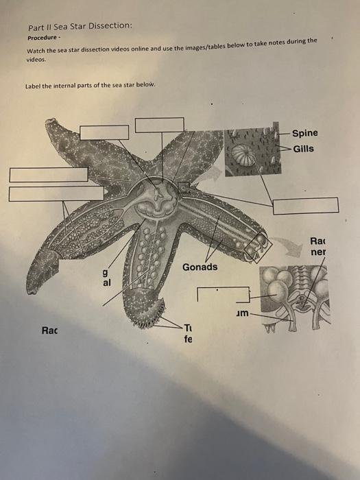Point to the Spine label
pos(304,133)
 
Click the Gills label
pos(303,148)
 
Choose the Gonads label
pos(200,266)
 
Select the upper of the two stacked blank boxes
pos(48,174)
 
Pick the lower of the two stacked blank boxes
pos(48,193)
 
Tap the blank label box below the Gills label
pos(305,205)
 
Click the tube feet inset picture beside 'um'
pos(293,295)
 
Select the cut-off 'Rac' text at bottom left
pos(49,330)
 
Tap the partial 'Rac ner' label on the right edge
pos(318,246)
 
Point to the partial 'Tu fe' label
pos(189,333)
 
